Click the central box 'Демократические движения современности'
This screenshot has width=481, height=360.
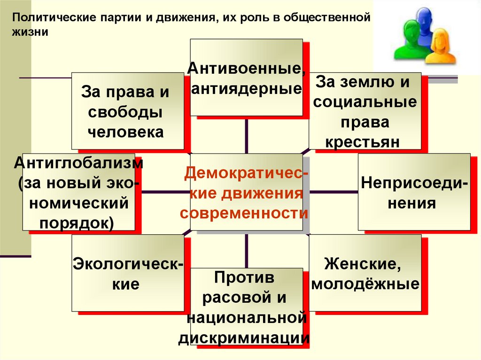click(x=246, y=192)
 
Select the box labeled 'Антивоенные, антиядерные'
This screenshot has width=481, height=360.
click(x=246, y=77)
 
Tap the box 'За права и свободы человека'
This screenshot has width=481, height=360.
click(x=127, y=111)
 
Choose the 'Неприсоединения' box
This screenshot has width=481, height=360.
click(x=414, y=191)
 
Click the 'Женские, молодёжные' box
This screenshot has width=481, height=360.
click(x=365, y=273)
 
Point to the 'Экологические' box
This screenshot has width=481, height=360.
click(x=127, y=273)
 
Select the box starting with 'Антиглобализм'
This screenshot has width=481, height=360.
click(x=78, y=191)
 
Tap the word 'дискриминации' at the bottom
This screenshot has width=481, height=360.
click(x=244, y=338)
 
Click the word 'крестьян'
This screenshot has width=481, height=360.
click(x=365, y=142)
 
